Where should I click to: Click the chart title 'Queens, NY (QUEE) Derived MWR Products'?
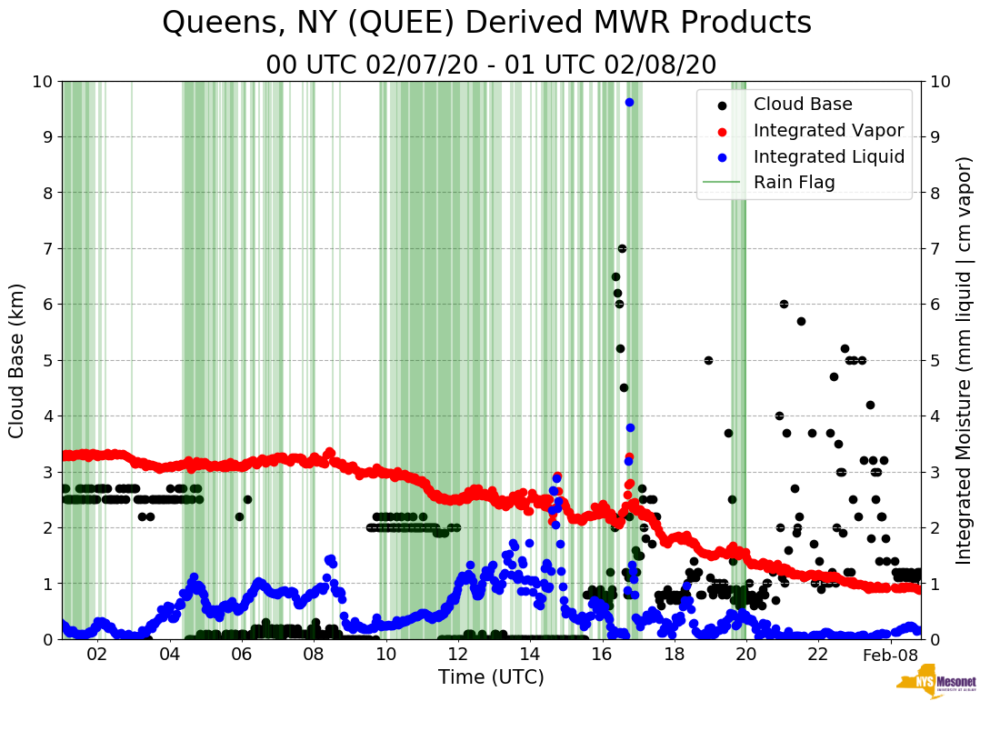pos(486,23)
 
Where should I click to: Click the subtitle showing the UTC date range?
pos(491,65)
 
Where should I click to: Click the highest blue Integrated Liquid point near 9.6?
pos(629,102)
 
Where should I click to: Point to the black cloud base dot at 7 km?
pos(622,248)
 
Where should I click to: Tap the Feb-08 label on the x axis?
pos(890,655)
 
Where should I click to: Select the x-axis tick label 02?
pos(96,655)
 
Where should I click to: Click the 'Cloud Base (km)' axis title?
pos(18,360)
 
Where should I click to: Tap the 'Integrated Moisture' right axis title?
pos(965,360)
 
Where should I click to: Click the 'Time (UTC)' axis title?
pos(491,677)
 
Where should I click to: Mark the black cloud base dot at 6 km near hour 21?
pos(784,304)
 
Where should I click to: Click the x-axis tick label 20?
pos(745,655)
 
